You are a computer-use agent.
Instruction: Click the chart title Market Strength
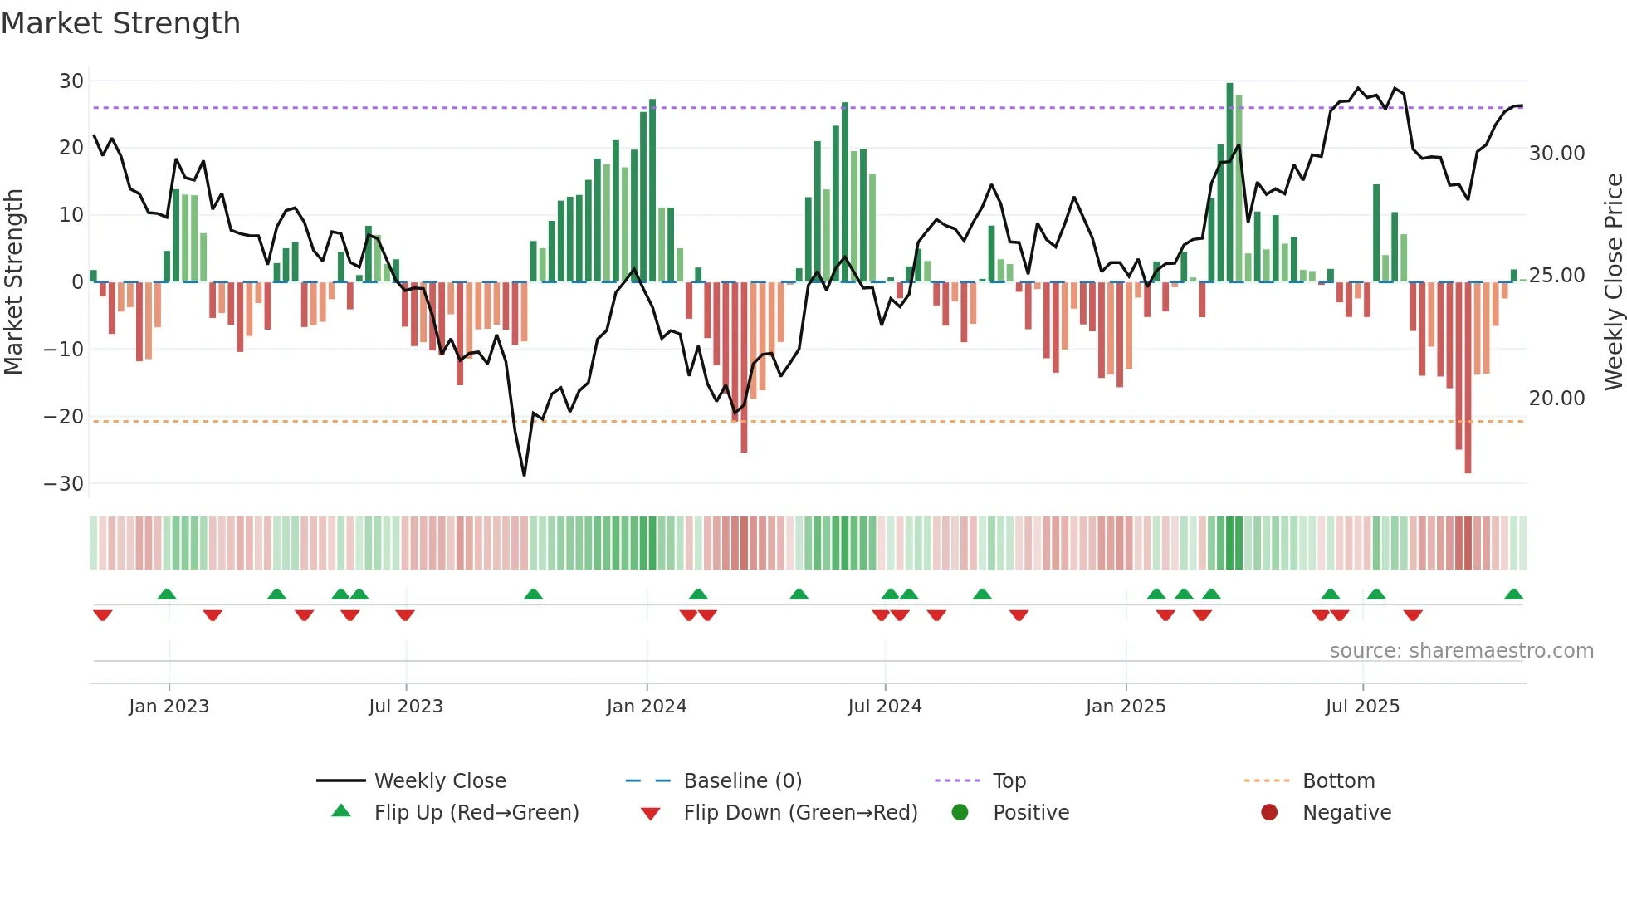click(x=120, y=23)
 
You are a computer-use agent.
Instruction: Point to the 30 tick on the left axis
click(x=71, y=81)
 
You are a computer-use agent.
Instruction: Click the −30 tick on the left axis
click(x=64, y=484)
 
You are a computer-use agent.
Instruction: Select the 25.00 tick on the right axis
click(x=1556, y=276)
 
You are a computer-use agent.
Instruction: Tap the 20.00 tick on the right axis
click(x=1556, y=399)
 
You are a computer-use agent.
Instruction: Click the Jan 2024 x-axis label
click(x=647, y=707)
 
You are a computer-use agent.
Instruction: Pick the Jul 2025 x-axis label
click(x=1362, y=707)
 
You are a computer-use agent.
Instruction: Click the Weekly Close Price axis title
click(x=1613, y=281)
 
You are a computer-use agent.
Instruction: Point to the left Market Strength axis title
click(x=13, y=281)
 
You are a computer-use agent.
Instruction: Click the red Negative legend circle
click(x=1269, y=813)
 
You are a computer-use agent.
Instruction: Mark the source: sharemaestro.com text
click(x=1461, y=651)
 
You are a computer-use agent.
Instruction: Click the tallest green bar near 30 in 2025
click(x=1229, y=183)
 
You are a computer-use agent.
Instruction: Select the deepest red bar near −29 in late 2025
click(x=1468, y=378)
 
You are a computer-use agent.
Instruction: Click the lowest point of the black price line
click(x=524, y=475)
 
